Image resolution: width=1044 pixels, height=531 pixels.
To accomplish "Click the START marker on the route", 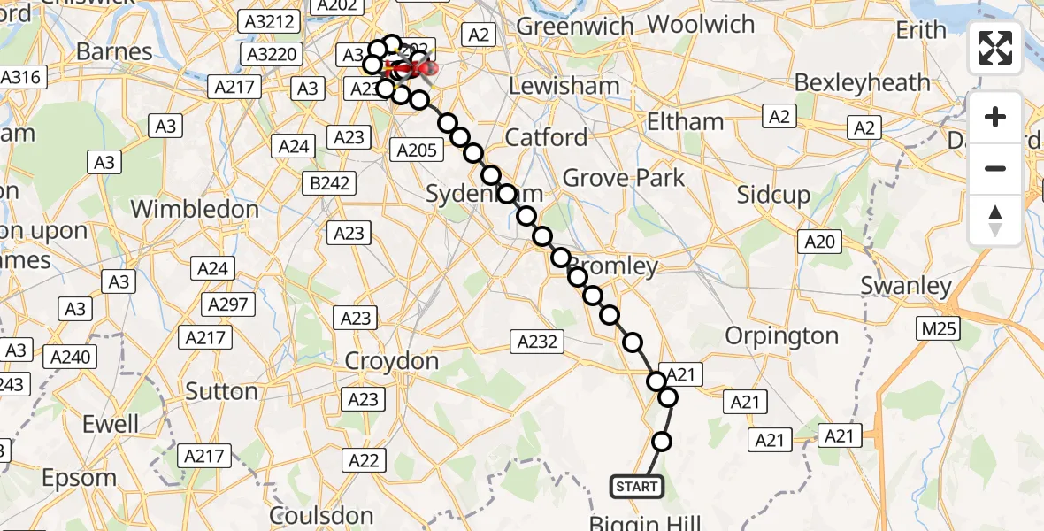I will click(x=636, y=486).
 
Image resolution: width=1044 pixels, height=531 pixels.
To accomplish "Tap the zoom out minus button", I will click(x=995, y=168).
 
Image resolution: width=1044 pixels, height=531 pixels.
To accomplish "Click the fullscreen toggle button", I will click(x=995, y=48).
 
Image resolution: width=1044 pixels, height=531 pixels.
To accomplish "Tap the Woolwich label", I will click(x=702, y=24).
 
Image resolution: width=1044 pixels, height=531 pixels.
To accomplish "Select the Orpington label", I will click(x=781, y=336).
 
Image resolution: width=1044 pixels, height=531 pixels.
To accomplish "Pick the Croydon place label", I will click(x=392, y=361).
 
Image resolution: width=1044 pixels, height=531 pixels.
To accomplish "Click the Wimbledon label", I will click(x=195, y=210).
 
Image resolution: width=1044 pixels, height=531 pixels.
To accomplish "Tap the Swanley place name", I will click(x=906, y=286).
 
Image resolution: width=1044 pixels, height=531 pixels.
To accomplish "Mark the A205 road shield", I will click(x=417, y=150).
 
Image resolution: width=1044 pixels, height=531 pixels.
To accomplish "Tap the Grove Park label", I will click(x=624, y=178).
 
